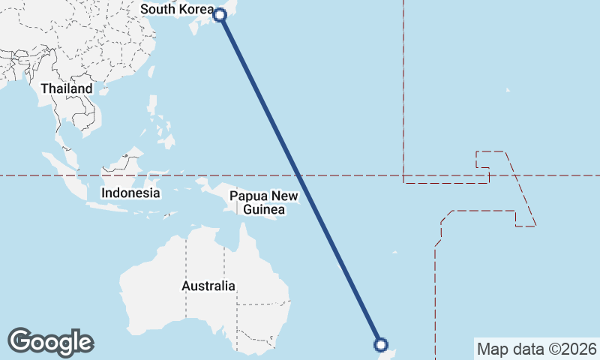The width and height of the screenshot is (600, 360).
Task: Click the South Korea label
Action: [177, 9]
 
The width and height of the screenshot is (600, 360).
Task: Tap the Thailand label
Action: [67, 88]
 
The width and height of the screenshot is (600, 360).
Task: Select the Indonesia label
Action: [131, 193]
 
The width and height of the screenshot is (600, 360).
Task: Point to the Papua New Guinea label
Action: [264, 203]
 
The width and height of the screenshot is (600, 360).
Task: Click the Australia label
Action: [208, 286]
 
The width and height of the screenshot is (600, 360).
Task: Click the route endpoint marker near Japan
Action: [220, 14]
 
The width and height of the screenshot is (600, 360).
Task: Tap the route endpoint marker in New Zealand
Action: [381, 345]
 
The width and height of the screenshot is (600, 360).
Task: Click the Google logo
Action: [50, 342]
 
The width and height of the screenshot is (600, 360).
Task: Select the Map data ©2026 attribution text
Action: [537, 349]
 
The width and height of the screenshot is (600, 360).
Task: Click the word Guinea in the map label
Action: [264, 210]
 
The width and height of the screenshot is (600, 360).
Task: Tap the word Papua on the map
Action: [246, 196]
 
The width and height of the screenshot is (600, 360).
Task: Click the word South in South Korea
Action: [158, 9]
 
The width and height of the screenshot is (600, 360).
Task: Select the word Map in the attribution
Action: [491, 349]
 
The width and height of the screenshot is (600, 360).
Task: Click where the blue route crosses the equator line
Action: [299, 175]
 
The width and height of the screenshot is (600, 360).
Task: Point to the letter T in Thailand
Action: [45, 88]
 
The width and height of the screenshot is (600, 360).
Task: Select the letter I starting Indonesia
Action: [103, 193]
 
